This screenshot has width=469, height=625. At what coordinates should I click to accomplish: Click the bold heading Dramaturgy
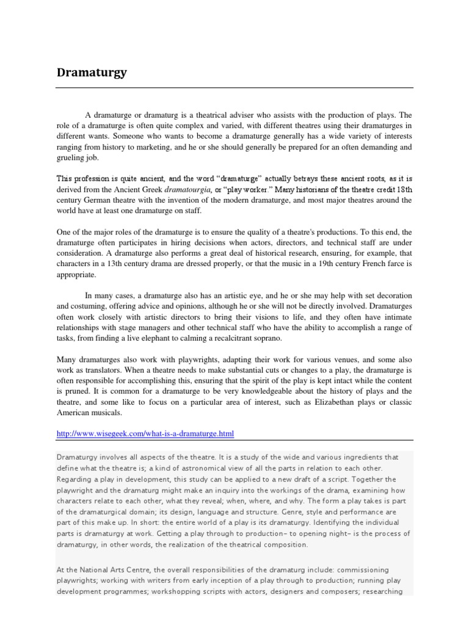(92, 73)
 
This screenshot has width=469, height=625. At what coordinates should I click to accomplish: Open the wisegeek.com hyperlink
(145, 433)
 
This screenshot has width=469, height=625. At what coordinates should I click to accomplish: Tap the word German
(103, 200)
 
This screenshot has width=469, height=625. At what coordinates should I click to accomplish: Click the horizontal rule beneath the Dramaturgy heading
(234, 87)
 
